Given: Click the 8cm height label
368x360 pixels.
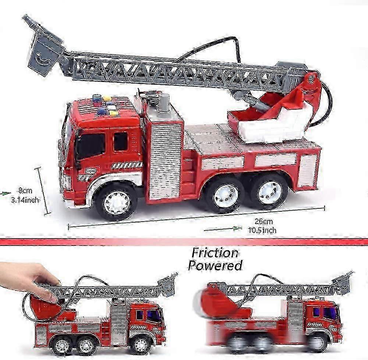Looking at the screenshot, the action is [x=25, y=190].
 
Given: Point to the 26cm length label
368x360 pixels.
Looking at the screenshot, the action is [x=263, y=221].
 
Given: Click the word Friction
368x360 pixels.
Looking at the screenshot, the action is [x=215, y=253].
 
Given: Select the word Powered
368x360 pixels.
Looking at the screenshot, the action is [x=215, y=265].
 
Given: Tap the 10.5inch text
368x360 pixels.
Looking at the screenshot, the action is [x=262, y=230].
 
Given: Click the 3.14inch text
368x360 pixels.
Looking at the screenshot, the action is [x=25, y=200].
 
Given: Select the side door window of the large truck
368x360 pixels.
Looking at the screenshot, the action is [x=121, y=141].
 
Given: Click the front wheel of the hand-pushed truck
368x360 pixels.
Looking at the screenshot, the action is [x=141, y=345].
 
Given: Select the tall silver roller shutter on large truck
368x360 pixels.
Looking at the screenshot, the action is [x=166, y=161].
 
